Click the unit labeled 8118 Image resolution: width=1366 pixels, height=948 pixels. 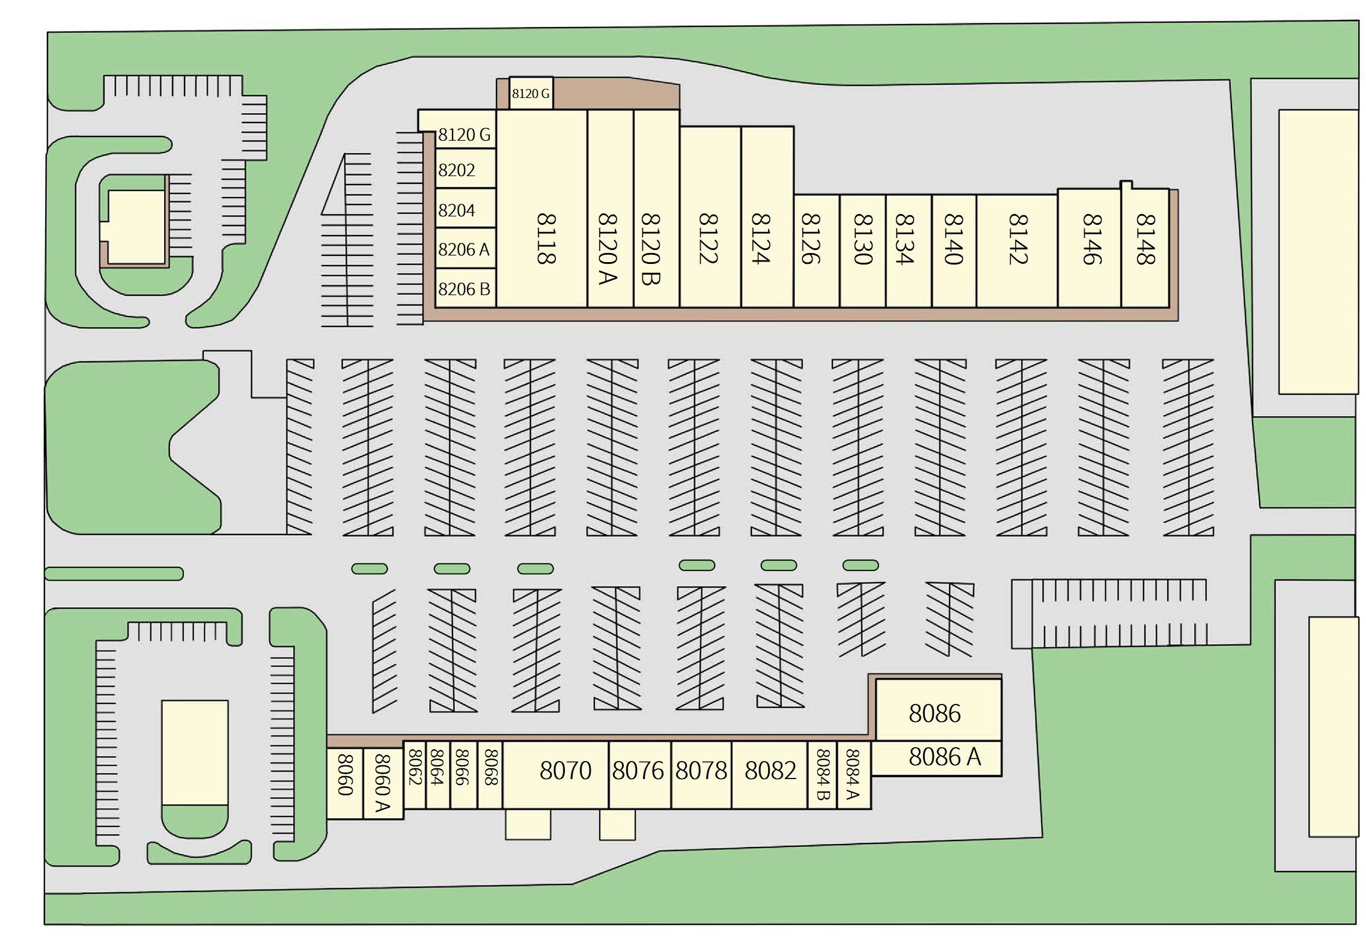[x=544, y=239]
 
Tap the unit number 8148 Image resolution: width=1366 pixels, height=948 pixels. [x=1145, y=239]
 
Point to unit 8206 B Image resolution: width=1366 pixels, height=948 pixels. [x=464, y=289]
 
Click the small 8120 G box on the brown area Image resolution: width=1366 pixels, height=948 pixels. [x=531, y=94]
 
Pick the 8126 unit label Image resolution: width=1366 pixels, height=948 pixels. [x=810, y=239]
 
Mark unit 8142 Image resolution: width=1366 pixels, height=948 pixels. [x=1017, y=239]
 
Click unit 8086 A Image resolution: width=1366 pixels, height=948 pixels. [x=944, y=757]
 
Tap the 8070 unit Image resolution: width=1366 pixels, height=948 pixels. [x=565, y=770]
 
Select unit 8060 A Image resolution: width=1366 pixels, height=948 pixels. [x=382, y=783]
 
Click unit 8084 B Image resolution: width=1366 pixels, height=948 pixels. [x=822, y=774]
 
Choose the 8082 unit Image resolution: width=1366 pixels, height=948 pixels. [x=770, y=770]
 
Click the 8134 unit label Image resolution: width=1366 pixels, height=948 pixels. [x=904, y=239]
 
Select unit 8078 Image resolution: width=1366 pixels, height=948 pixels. [x=701, y=770]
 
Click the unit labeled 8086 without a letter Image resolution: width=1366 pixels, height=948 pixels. [x=935, y=714]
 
